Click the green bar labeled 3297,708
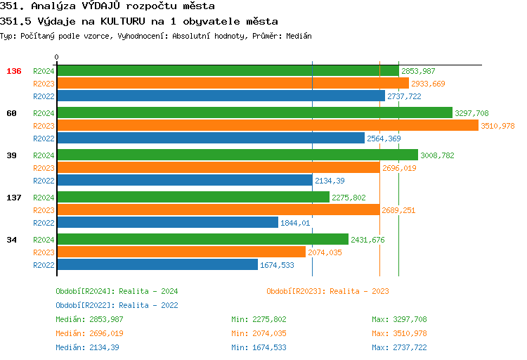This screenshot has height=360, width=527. pyautogui.click(x=254, y=112)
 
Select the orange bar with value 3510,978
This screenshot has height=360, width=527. pyautogui.click(x=267, y=125)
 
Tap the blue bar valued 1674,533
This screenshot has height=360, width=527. pyautogui.click(x=157, y=264)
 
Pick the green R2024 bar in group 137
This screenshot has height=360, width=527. pyautogui.click(x=193, y=197)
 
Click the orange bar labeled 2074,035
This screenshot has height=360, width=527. pyautogui.click(x=181, y=252)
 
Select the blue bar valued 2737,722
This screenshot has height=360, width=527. pyautogui.click(x=221, y=96)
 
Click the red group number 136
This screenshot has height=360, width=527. pyautogui.click(x=14, y=71)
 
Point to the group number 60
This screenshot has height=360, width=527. pyautogui.click(x=11, y=113)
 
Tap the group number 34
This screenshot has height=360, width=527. pyautogui.click(x=11, y=240)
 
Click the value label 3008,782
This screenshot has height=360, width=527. pyautogui.click(x=437, y=155)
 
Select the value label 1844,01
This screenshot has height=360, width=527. pyautogui.click(x=295, y=223)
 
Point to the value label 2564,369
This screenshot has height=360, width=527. pyautogui.click(x=384, y=139)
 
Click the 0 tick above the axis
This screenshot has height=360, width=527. pyautogui.click(x=57, y=57)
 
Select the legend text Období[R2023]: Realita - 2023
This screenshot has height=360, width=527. pyautogui.click(x=327, y=291)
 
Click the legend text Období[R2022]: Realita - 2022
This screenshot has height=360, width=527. pyautogui.click(x=117, y=305)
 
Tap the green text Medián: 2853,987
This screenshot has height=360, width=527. pyautogui.click(x=89, y=319)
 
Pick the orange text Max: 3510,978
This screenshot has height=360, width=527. pyautogui.click(x=399, y=333)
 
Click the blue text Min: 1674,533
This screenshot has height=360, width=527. pyautogui.click(x=259, y=347)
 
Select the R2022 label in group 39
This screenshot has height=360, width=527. pyautogui.click(x=44, y=181)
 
